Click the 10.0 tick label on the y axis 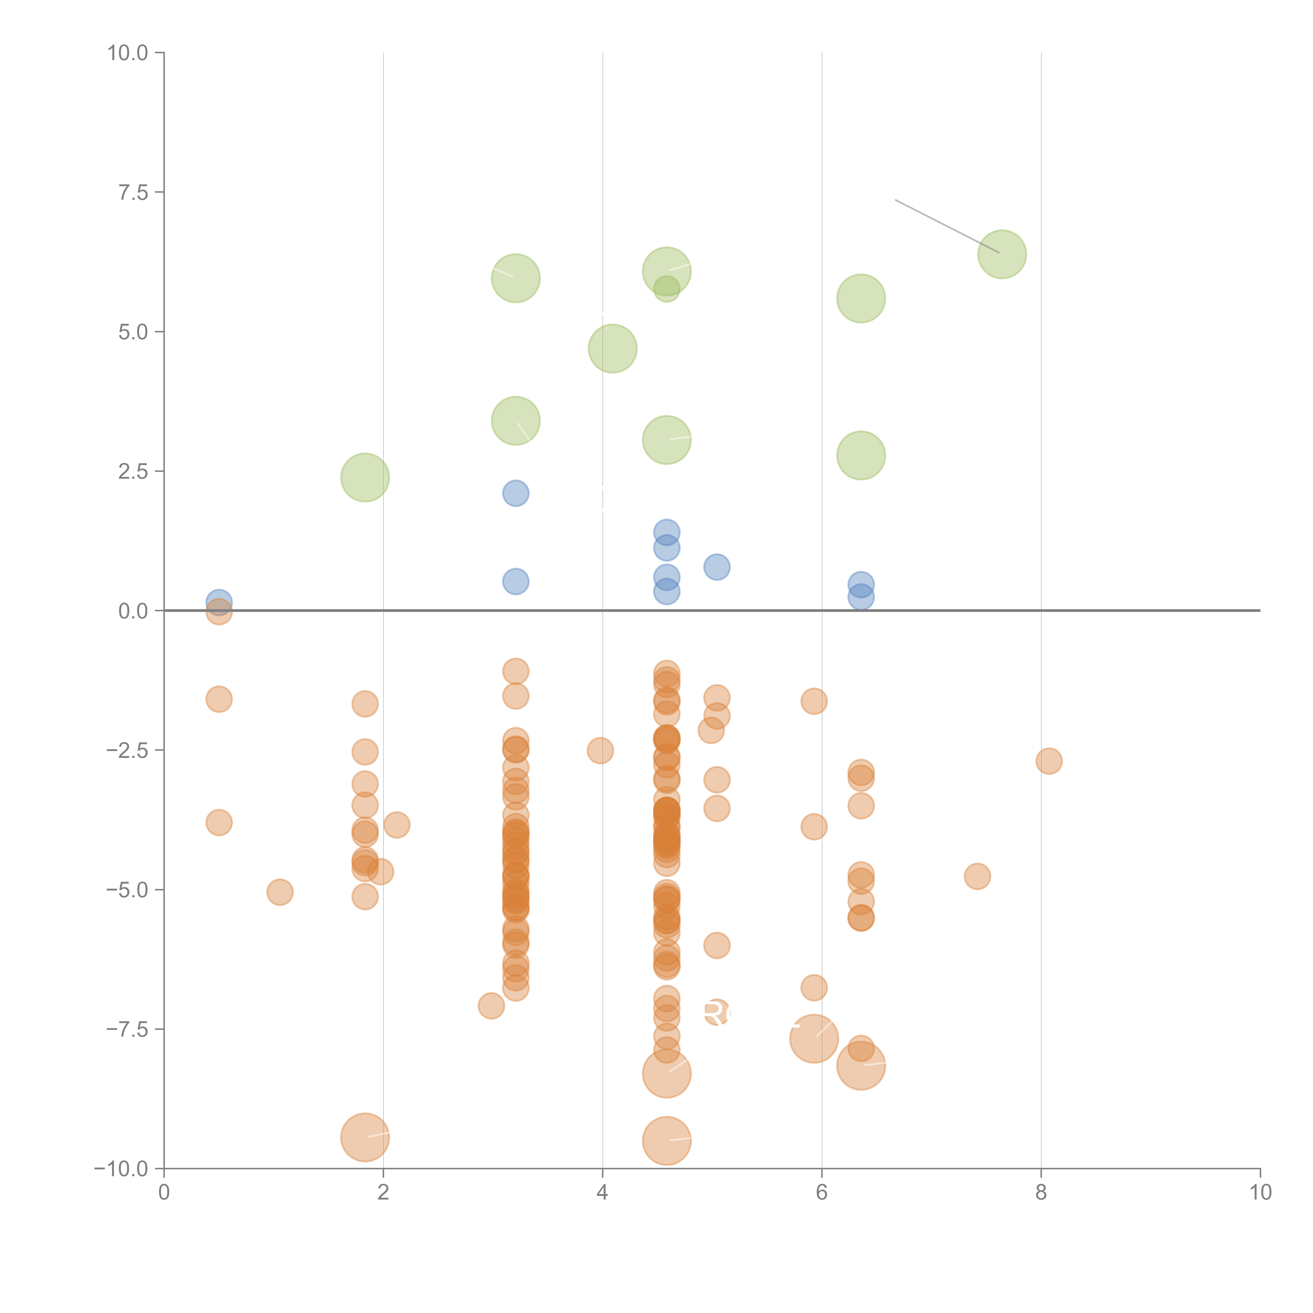pyautogui.click(x=128, y=53)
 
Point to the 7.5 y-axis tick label pyautogui.click(x=133, y=192)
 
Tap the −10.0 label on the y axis pyautogui.click(x=121, y=1169)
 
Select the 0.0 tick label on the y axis pyautogui.click(x=133, y=611)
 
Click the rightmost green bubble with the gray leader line pyautogui.click(x=1002, y=254)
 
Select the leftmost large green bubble pyautogui.click(x=365, y=477)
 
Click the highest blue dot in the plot pyautogui.click(x=516, y=493)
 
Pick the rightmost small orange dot pyautogui.click(x=1049, y=760)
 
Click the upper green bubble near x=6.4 pyautogui.click(x=861, y=298)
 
